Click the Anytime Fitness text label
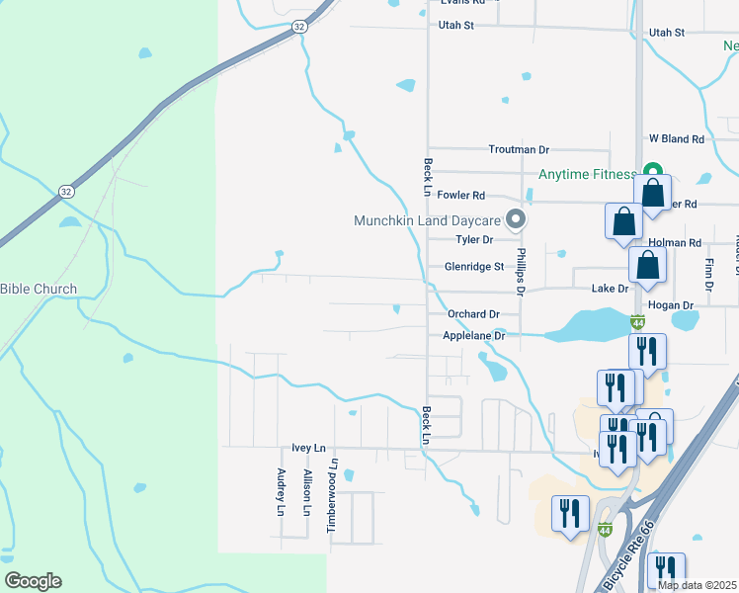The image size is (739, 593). pos(588,175)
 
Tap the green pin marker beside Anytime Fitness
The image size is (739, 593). pos(651,171)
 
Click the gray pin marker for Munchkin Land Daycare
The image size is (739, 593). pos(514,218)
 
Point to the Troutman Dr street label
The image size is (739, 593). pos(519,149)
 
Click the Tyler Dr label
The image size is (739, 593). pos(474,240)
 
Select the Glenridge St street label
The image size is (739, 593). pos(474,266)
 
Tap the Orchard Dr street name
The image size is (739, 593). pos(467,314)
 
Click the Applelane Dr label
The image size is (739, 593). pos(474,336)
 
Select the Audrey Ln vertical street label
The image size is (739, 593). pos(282,492)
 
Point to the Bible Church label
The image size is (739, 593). pos(39,290)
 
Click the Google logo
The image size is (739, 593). pos(33,581)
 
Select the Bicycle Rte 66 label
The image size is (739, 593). pos(619,570)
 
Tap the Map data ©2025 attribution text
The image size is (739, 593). pos(697,585)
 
